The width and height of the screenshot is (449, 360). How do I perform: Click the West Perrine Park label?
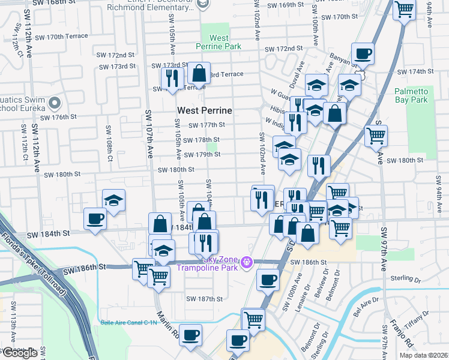pos(218,42)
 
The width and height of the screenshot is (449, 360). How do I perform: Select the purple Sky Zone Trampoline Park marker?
pos(246,262)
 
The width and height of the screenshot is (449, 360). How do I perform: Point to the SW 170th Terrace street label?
pos(61,37)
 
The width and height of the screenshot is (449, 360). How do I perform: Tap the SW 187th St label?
pos(204,299)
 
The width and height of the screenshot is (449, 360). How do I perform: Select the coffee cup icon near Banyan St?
pos(363,53)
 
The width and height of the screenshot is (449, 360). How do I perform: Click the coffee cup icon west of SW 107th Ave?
pos(94,218)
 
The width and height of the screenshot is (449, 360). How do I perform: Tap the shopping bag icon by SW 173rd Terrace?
pos(199,73)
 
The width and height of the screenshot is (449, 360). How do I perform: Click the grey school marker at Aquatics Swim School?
pos(55,103)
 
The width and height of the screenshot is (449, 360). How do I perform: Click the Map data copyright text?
pos(423,355)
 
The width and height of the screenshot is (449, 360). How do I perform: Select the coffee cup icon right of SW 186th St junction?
pos(268,279)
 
